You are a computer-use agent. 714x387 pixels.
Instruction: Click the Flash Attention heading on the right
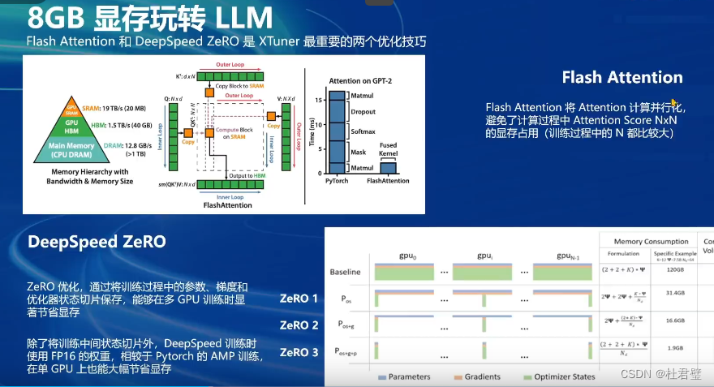click(622, 78)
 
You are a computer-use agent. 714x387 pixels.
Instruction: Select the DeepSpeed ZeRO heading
click(97, 242)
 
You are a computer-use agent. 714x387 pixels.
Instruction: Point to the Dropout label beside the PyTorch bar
click(363, 112)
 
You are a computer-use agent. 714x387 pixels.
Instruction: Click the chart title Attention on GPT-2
click(365, 81)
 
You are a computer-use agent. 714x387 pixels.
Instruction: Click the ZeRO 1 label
click(299, 299)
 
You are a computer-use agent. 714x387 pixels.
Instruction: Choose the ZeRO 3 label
click(299, 352)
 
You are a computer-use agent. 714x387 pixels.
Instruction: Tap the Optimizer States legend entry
click(560, 376)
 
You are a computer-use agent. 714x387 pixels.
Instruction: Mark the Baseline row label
click(346, 272)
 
